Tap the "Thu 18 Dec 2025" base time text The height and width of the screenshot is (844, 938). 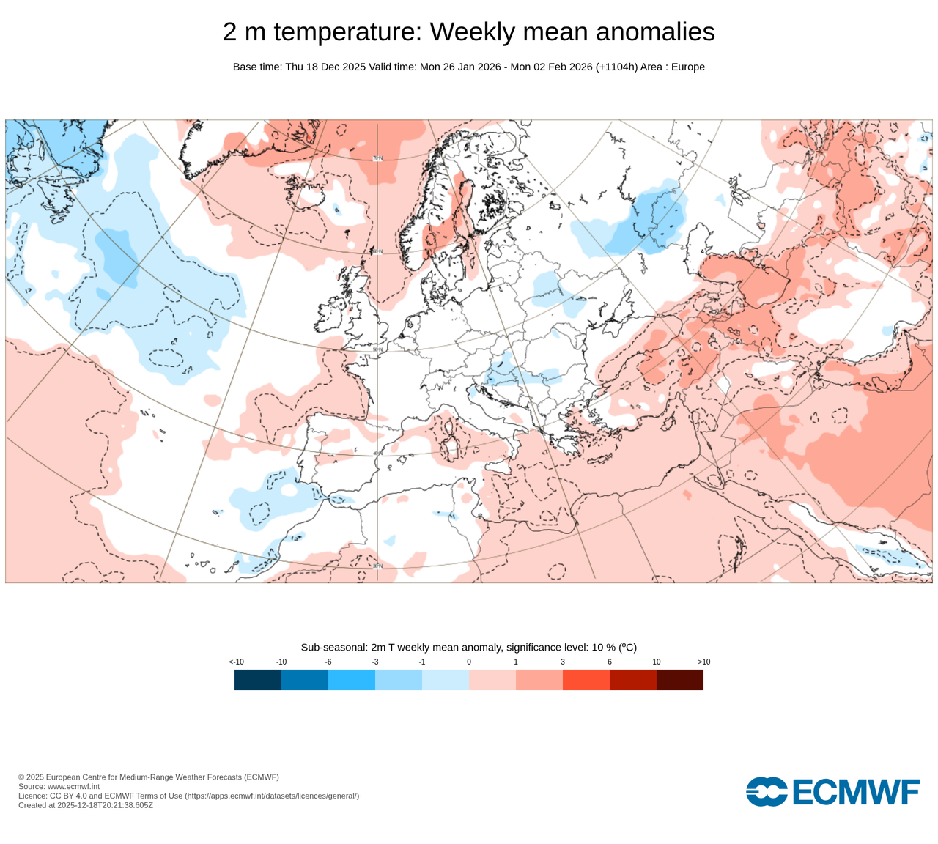click(325, 67)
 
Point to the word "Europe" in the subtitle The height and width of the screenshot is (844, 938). click(687, 67)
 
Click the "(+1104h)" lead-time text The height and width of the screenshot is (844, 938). click(616, 67)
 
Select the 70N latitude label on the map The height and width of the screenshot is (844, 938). click(377, 158)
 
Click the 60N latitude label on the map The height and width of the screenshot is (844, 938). click(377, 251)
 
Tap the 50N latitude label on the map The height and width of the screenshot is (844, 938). click(377, 349)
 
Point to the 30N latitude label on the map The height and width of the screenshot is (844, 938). click(377, 566)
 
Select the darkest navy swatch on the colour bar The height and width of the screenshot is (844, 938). click(258, 680)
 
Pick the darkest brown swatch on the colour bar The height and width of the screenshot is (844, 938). click(680, 680)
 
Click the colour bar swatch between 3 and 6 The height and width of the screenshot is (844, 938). click(586, 680)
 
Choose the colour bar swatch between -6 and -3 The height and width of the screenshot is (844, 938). click(352, 680)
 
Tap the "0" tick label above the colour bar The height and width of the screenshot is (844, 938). click(469, 662)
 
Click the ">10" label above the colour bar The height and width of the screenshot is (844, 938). click(703, 662)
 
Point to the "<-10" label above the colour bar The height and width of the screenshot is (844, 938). click(236, 662)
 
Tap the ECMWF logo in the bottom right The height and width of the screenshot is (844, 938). click(832, 792)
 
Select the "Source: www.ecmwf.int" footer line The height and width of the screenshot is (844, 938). click(59, 786)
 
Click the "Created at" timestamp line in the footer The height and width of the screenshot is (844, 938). click(86, 805)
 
